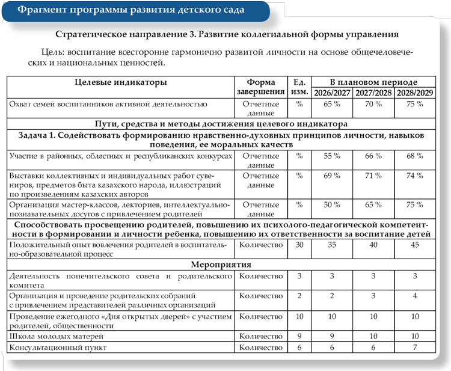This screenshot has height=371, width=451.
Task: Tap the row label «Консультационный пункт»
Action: coord(57,347)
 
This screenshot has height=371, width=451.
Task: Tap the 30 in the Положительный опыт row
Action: coord(299,245)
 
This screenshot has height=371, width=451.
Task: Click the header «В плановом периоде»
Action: coord(373,82)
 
